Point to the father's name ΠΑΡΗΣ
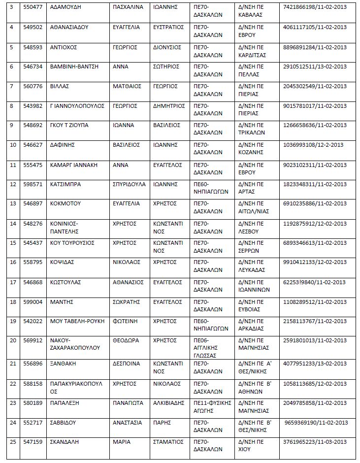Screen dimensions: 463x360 (161, 422)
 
